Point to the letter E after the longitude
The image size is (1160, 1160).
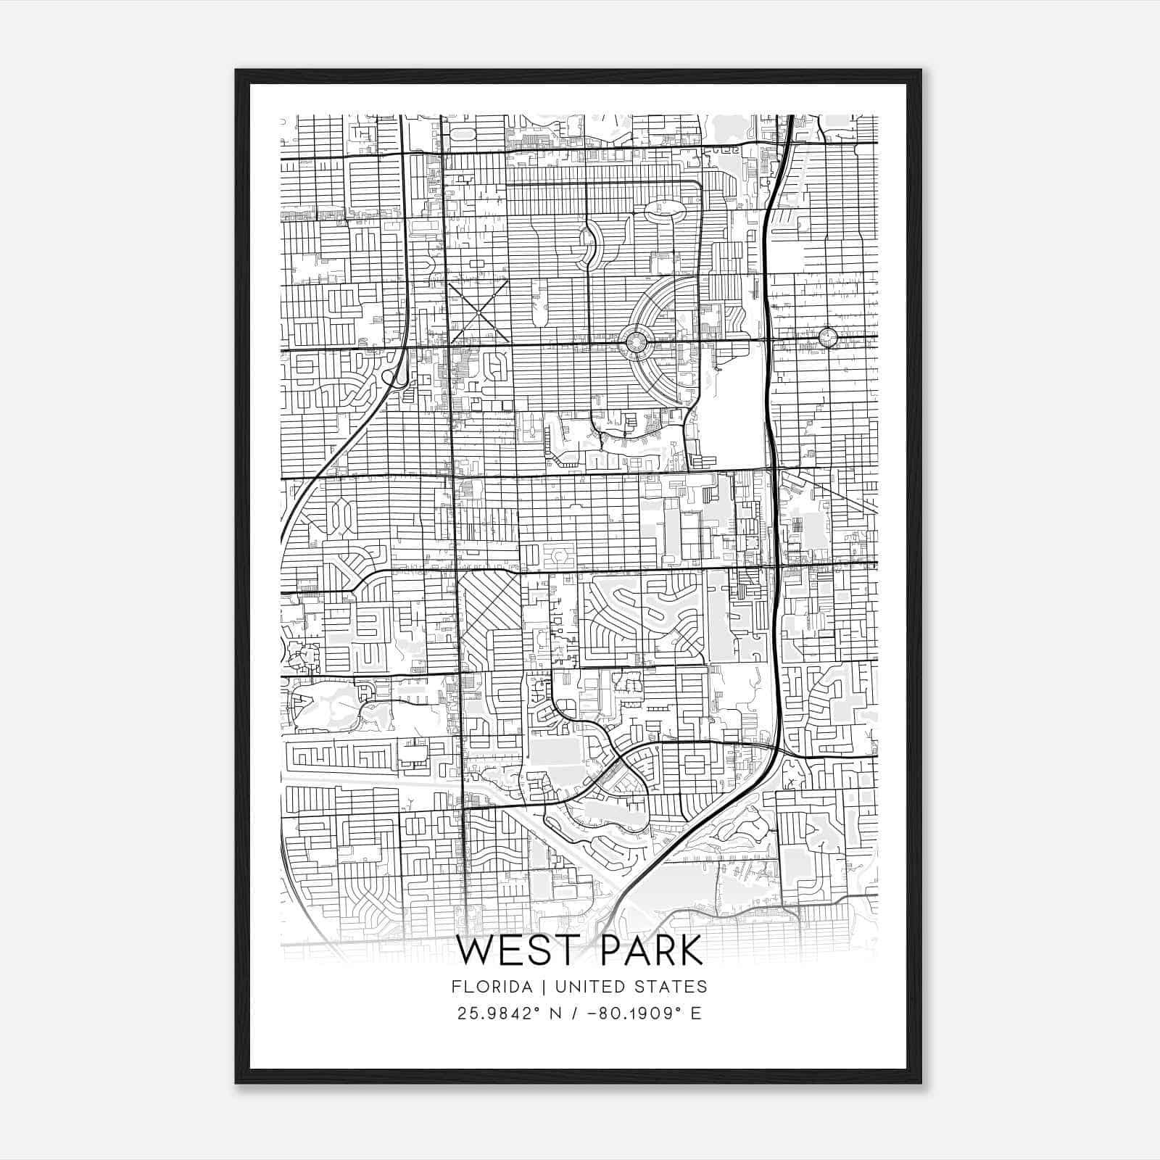pos(696,1014)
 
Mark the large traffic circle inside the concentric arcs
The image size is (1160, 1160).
pos(635,341)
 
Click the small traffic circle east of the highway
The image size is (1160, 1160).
pos(828,337)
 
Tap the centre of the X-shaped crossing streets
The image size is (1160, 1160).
pos(478,312)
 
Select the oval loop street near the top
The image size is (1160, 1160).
pos(665,210)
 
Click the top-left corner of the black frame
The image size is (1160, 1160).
pos(237,71)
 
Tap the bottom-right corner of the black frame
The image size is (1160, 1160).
pos(921,1083)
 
